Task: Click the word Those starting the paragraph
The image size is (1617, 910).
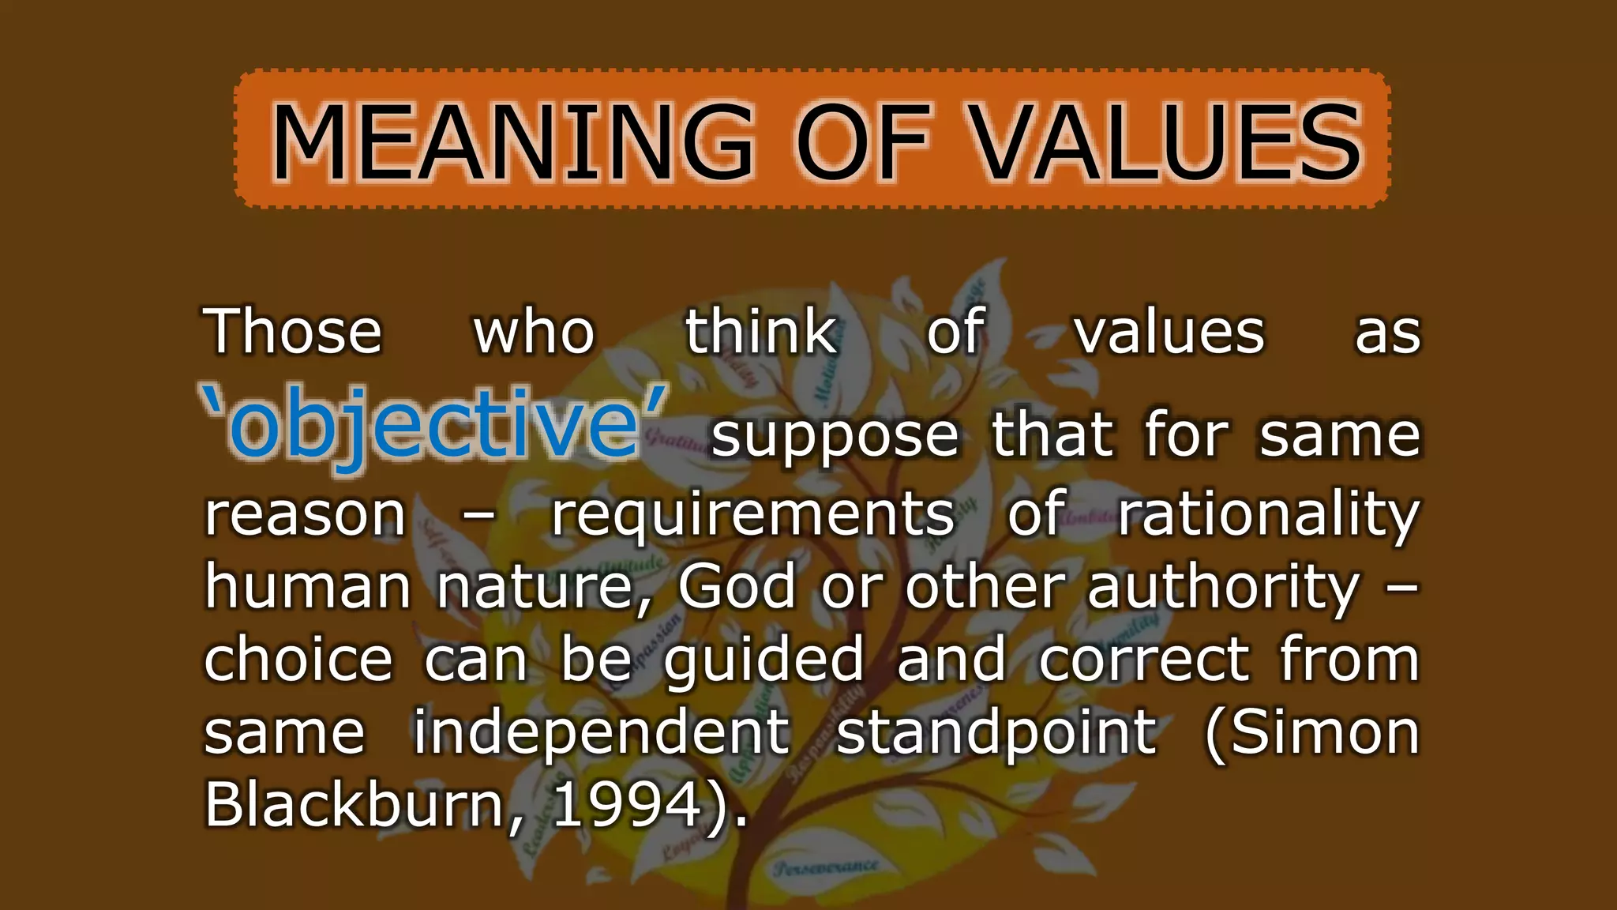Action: coord(293,332)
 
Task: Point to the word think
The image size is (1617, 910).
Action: coord(760,332)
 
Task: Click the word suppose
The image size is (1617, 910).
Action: coord(835,437)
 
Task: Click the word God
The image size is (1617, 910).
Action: coord(737,587)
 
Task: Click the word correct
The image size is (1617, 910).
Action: coord(1145,660)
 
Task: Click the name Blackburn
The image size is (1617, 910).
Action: coord(355,804)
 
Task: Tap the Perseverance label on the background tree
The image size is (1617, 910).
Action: coord(825,867)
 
